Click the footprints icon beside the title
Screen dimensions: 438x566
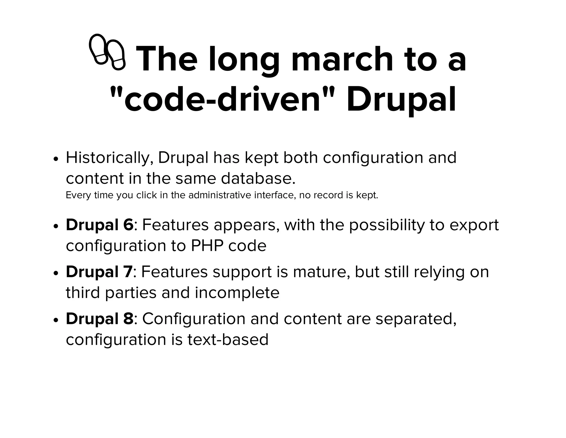107,52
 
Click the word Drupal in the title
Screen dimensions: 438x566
401,99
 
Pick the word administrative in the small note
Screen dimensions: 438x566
220,195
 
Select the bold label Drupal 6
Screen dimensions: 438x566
99,225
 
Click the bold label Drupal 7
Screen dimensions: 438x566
99,272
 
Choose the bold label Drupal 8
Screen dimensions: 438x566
99,319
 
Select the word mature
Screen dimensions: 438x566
321,272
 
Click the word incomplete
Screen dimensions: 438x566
237,293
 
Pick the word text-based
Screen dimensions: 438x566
228,340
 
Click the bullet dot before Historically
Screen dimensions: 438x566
56,159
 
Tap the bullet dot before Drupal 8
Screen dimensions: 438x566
56,320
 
